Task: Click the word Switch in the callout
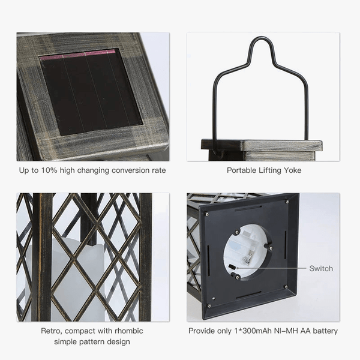[321, 268]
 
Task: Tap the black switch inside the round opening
[232, 267]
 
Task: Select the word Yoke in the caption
[293, 170]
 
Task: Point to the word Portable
[242, 170]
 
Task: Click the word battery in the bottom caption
[325, 331]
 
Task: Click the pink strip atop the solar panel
[77, 55]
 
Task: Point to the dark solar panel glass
[91, 92]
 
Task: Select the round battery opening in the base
[248, 252]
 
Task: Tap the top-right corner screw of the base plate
[287, 202]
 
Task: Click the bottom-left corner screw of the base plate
[209, 306]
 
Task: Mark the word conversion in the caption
[130, 170]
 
